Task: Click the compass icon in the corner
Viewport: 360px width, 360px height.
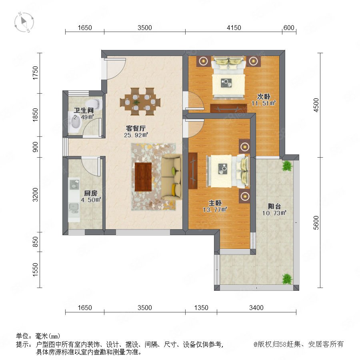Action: [x=24, y=22]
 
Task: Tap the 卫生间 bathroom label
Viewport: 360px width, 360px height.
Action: [x=84, y=110]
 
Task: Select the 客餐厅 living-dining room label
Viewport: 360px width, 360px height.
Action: [x=136, y=128]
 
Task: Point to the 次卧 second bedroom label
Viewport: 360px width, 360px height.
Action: [x=264, y=96]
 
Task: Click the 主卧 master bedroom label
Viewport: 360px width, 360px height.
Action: [x=215, y=203]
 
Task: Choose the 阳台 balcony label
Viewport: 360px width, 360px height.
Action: [x=274, y=206]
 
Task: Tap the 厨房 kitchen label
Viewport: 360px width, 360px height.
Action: [x=90, y=193]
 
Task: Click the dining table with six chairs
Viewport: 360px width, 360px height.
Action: [x=140, y=102]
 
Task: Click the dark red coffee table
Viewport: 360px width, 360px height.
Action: [x=143, y=177]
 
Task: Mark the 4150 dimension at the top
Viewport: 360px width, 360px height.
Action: [x=234, y=28]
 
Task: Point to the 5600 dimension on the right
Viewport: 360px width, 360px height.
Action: [x=316, y=222]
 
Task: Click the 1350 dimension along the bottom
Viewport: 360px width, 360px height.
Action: [x=201, y=308]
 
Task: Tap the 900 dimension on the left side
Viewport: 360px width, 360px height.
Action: [x=35, y=147]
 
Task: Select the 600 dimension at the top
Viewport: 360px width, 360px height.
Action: [x=289, y=28]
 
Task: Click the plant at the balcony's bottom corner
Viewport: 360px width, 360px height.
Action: [x=287, y=279]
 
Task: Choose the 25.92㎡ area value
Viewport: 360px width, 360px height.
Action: [x=136, y=135]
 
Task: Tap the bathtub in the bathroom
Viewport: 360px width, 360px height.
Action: [x=75, y=122]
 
